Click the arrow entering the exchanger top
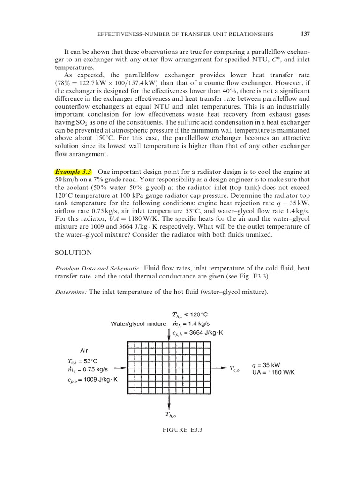point(169,334)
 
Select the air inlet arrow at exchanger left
point(120,369)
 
